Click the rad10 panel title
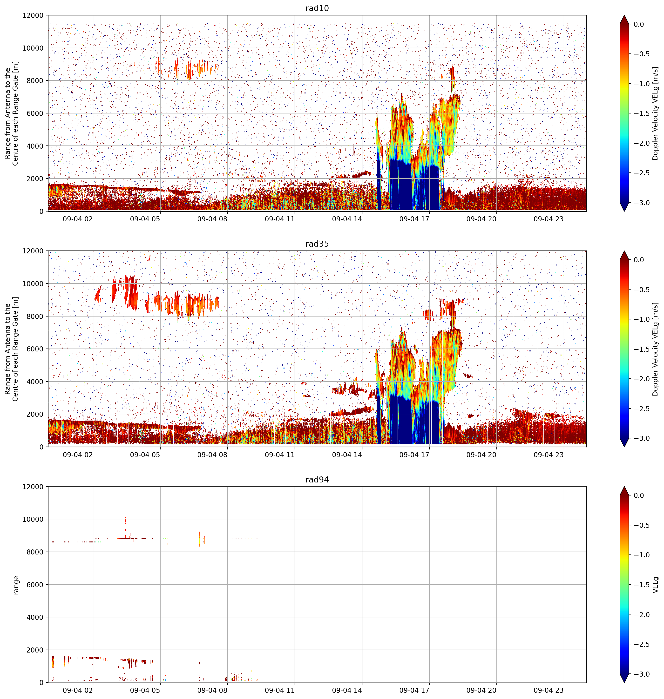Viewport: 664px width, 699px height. [x=317, y=8]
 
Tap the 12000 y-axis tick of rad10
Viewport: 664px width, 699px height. [x=33, y=16]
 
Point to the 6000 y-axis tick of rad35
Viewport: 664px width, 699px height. [x=35, y=349]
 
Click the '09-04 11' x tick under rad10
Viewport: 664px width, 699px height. [x=280, y=219]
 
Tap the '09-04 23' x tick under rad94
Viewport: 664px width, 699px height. [x=549, y=690]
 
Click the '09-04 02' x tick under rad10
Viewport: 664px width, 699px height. [x=78, y=219]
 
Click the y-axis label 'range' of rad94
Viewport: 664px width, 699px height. [x=16, y=585]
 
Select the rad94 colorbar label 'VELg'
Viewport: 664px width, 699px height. [x=656, y=585]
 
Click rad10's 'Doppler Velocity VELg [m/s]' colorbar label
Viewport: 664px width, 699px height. [x=656, y=113]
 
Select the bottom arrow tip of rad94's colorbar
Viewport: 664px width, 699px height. [x=624, y=682]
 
